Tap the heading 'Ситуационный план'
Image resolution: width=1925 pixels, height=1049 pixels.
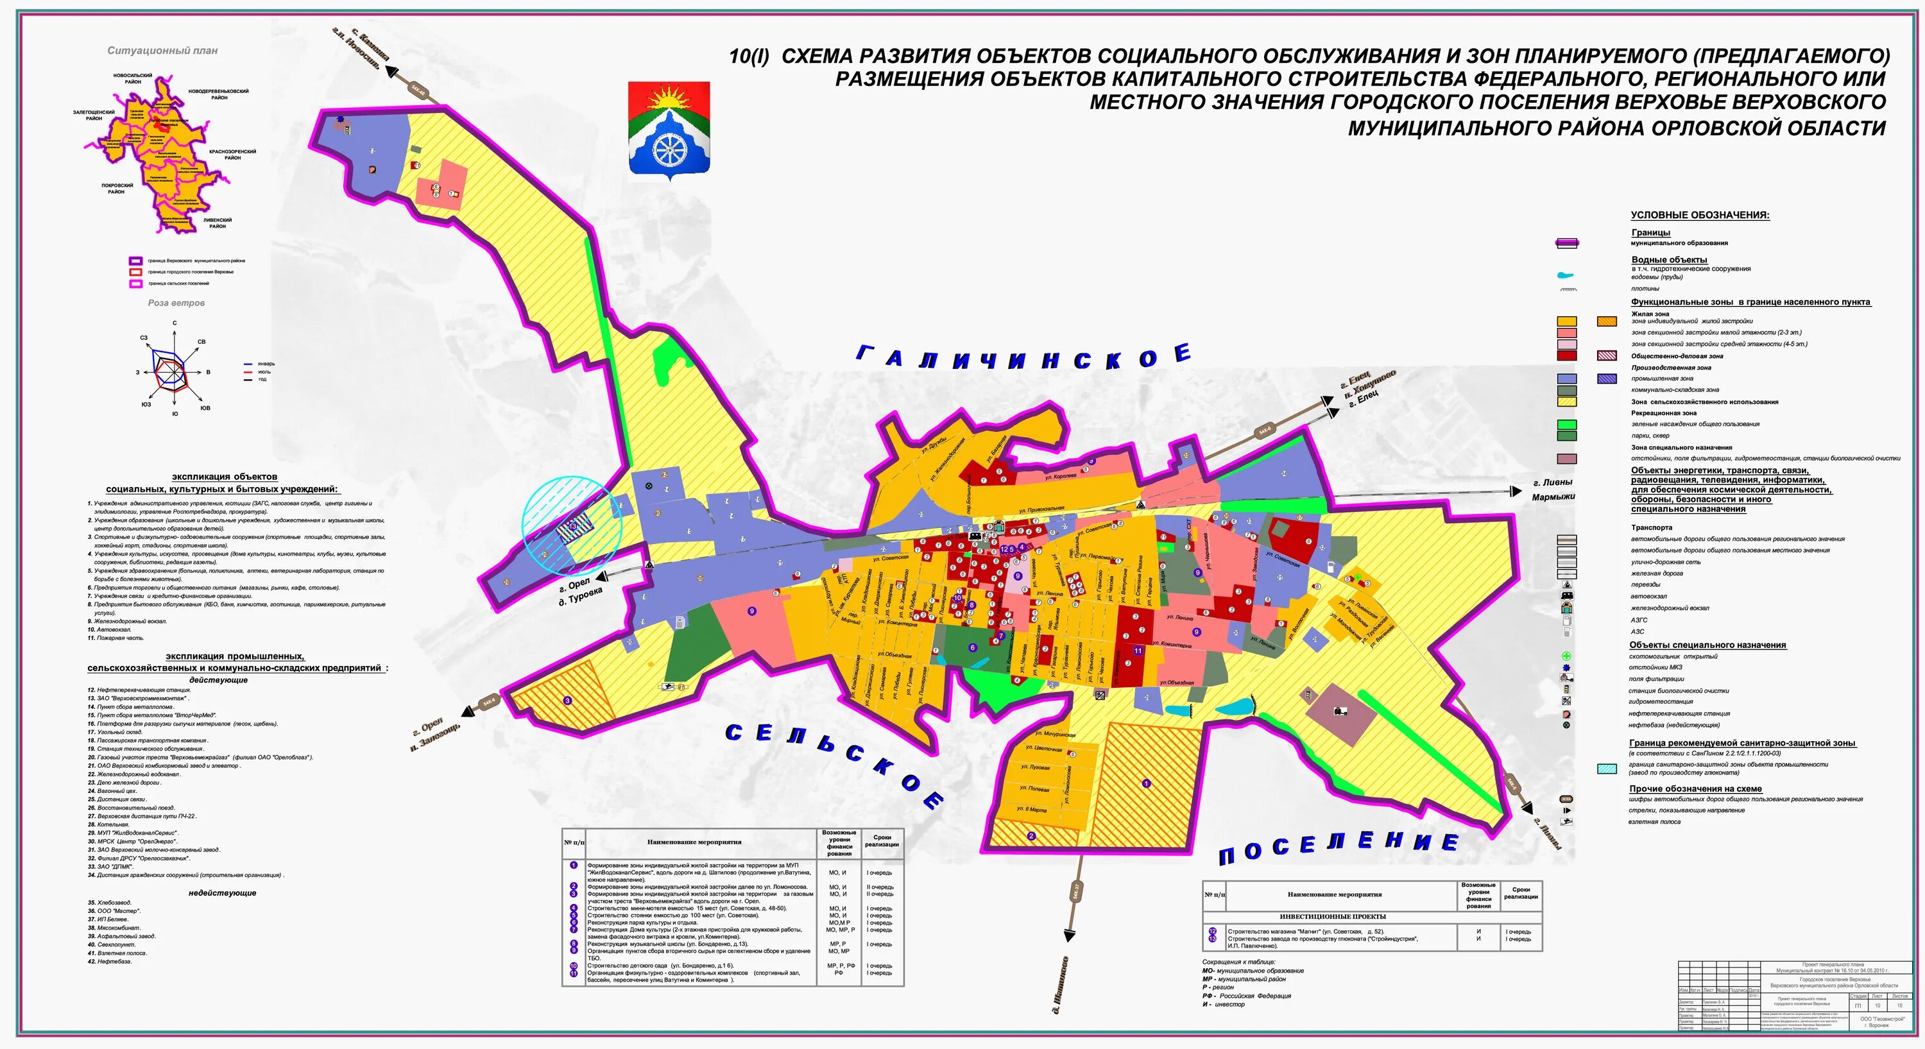[162, 51]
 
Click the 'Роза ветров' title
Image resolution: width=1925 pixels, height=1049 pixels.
[176, 303]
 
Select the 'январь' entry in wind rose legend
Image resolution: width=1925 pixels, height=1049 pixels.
[266, 364]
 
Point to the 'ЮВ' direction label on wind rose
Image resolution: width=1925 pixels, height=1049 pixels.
[205, 408]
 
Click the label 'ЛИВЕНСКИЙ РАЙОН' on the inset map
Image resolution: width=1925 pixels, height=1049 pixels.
[218, 223]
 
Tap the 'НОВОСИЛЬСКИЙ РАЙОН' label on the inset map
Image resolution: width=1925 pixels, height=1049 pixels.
[133, 78]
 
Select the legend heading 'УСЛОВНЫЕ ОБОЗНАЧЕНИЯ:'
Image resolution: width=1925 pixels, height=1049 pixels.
[1699, 215]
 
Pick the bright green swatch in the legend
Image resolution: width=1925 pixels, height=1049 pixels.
[1566, 424]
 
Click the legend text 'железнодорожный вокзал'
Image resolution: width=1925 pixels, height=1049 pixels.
[1670, 608]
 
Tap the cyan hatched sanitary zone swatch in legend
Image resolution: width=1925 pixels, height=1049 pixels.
[1607, 769]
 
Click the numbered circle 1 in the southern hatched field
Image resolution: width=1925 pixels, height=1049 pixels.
[1146, 784]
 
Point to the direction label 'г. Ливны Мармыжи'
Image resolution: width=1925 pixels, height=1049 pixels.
[1553, 490]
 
